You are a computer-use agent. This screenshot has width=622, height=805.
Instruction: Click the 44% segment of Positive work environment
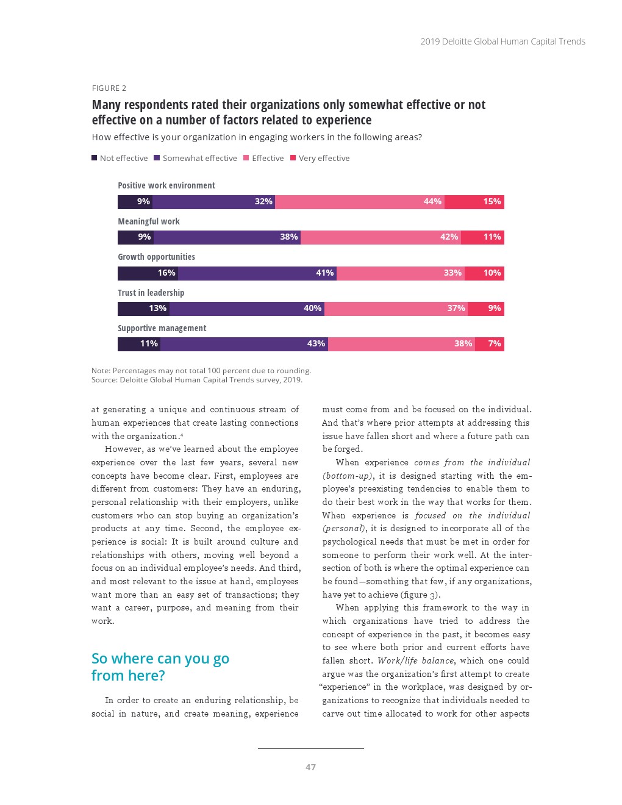click(360, 202)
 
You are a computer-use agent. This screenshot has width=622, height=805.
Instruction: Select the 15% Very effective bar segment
click(474, 202)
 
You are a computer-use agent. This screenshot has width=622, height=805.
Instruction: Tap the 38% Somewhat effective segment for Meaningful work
click(227, 237)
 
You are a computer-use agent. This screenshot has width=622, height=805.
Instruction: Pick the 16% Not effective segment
click(148, 273)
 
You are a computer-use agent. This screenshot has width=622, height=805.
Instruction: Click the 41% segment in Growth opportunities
click(257, 273)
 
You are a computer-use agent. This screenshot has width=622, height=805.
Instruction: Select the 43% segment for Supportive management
click(245, 344)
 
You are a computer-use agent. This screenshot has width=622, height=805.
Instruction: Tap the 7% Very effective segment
click(490, 344)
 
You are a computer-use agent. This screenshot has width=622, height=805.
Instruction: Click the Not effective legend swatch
click(95, 158)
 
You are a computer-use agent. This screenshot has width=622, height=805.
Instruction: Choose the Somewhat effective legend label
click(199, 158)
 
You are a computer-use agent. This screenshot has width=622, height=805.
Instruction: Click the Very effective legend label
click(324, 158)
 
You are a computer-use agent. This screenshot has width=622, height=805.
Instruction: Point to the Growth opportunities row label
click(157, 257)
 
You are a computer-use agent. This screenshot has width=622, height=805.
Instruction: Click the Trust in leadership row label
click(151, 293)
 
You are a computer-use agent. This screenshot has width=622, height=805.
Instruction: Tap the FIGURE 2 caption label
click(109, 88)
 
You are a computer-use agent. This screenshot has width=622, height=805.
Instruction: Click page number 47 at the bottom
click(310, 767)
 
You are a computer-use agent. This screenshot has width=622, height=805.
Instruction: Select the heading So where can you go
click(160, 659)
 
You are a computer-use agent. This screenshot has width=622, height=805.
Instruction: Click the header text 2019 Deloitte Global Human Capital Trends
click(502, 41)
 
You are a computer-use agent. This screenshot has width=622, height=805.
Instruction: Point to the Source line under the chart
click(197, 380)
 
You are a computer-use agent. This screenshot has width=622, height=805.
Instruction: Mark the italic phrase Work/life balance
click(416, 660)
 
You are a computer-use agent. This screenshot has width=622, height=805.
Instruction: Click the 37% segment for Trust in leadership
click(396, 309)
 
